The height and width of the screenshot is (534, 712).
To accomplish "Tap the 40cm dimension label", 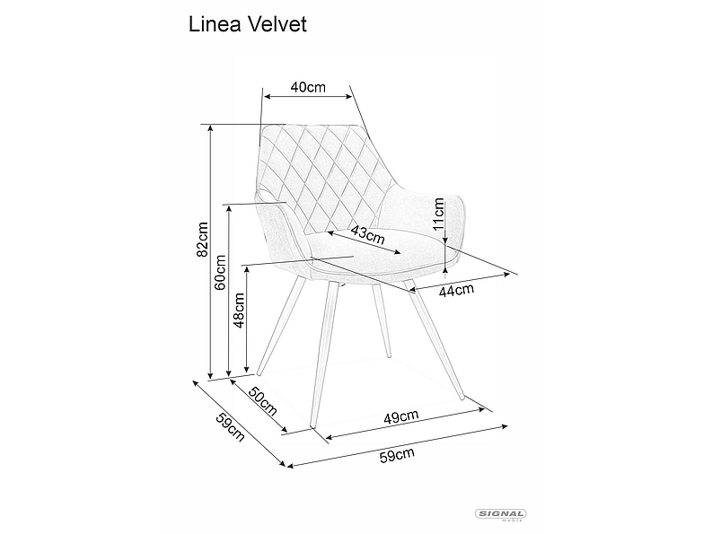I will pyautogui.click(x=308, y=87).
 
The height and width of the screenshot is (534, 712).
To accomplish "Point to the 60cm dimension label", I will pyautogui.click(x=221, y=274).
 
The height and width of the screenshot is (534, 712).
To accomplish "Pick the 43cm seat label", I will pyautogui.click(x=367, y=235).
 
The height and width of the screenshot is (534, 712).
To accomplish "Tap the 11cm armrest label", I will pyautogui.click(x=439, y=216).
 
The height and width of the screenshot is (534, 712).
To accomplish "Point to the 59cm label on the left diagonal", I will pyautogui.click(x=230, y=428).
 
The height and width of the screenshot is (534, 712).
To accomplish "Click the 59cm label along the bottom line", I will pyautogui.click(x=397, y=455).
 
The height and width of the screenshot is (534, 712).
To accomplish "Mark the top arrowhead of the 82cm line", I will pyautogui.click(x=212, y=128).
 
